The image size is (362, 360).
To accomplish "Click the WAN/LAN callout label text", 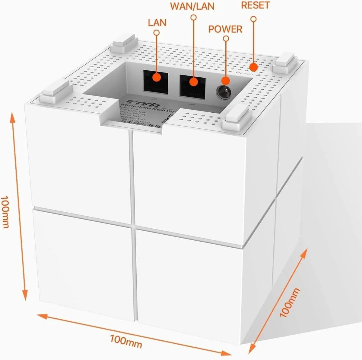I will (x=192, y=6).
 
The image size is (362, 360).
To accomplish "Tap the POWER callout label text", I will (x=225, y=29).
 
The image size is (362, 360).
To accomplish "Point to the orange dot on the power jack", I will (x=225, y=80).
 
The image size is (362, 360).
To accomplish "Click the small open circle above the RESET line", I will (x=254, y=19).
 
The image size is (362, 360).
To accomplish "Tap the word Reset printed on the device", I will (x=242, y=73).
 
